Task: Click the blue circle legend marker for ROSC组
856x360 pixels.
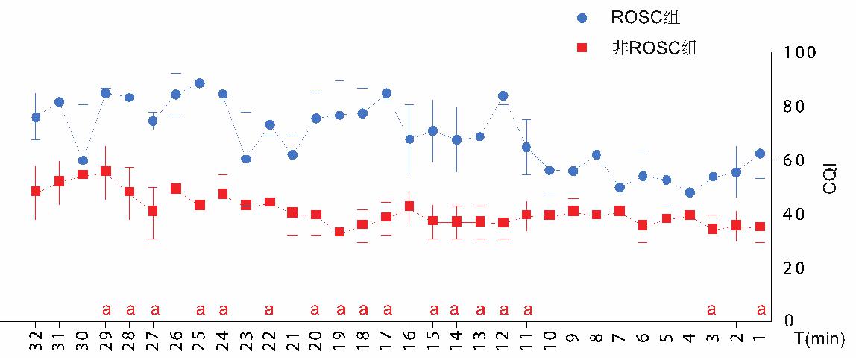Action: pos(583,17)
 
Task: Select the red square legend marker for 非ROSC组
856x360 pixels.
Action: pos(583,48)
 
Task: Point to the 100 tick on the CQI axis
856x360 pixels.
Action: pos(799,53)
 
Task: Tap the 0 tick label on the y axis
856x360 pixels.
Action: pos(789,321)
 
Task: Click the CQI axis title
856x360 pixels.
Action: pos(830,181)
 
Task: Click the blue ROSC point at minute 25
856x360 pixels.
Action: pos(199,83)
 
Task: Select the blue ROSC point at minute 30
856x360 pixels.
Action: pos(83,160)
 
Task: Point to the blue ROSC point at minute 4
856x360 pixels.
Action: pos(690,192)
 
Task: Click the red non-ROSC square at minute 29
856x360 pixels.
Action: pos(106,171)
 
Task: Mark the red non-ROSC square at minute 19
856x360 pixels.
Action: pos(339,233)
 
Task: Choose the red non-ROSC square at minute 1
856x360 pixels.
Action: pos(760,227)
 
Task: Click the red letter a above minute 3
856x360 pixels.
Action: pos(712,309)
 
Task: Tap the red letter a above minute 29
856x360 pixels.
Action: pos(106,309)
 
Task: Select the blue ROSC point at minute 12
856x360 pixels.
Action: pos(503,96)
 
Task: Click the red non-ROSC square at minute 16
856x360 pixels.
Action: pos(409,206)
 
